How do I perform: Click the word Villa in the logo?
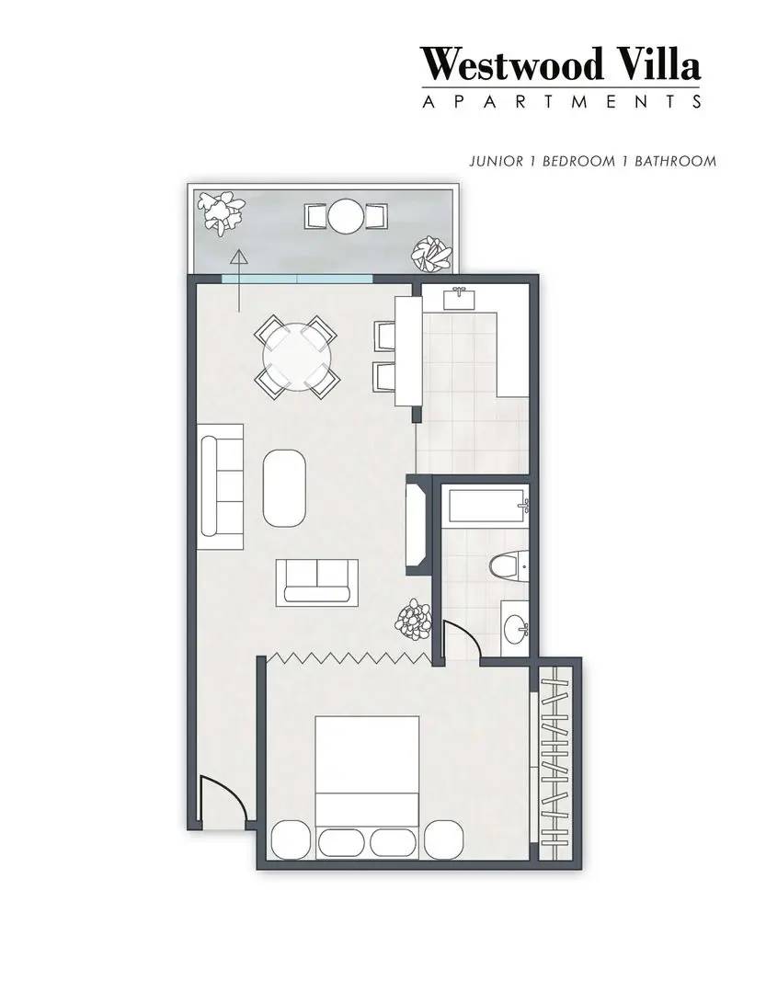click(x=658, y=64)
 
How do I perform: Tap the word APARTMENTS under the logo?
click(x=561, y=100)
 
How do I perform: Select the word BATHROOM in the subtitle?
click(x=675, y=161)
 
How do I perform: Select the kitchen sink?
click(x=458, y=298)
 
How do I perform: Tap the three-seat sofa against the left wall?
click(x=222, y=485)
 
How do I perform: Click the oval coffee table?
click(x=287, y=486)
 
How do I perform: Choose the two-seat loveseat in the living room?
click(x=317, y=581)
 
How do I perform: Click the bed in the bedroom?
click(x=368, y=786)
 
